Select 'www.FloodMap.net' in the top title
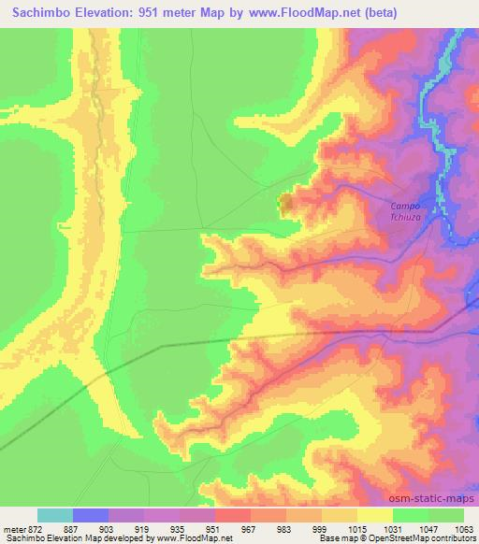(293, 13)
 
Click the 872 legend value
(35, 528)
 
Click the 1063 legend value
(462, 528)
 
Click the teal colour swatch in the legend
(55, 515)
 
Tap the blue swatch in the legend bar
(91, 515)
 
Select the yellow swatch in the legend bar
(375, 515)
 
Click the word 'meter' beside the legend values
(13, 528)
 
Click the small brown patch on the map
(286, 201)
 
